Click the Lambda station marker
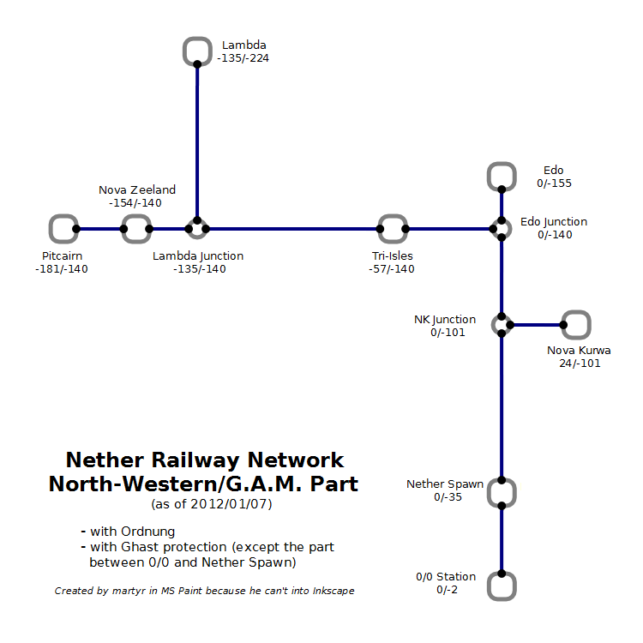coord(197,51)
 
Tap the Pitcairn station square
coord(63,229)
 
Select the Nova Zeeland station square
coord(135,229)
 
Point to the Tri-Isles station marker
coord(392,229)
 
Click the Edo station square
coord(502,177)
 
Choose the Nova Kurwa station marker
coord(576,324)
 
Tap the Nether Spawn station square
coord(502,493)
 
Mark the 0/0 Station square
coord(502,586)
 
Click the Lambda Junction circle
coord(197,229)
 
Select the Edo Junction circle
coord(502,229)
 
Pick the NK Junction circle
coord(502,324)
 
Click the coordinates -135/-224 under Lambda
coord(244,58)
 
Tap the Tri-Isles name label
coord(393,255)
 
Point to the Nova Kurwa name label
coord(579,350)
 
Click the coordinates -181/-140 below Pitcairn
coord(62,268)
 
